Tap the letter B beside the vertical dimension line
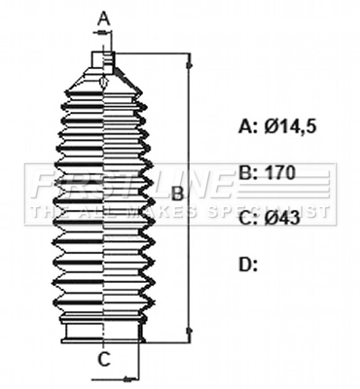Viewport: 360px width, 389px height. click(x=177, y=194)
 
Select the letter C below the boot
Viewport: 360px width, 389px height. click(x=103, y=359)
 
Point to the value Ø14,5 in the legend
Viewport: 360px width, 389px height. click(x=289, y=125)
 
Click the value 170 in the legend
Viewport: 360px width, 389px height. click(x=279, y=172)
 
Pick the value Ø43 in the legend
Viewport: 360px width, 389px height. click(x=282, y=218)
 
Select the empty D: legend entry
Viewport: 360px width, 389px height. click(x=248, y=264)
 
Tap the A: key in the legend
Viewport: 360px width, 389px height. click(x=248, y=125)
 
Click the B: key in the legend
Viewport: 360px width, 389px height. click(x=248, y=172)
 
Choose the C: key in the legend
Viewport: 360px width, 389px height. click(x=248, y=218)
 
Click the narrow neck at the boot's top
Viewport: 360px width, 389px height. click(x=103, y=59)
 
